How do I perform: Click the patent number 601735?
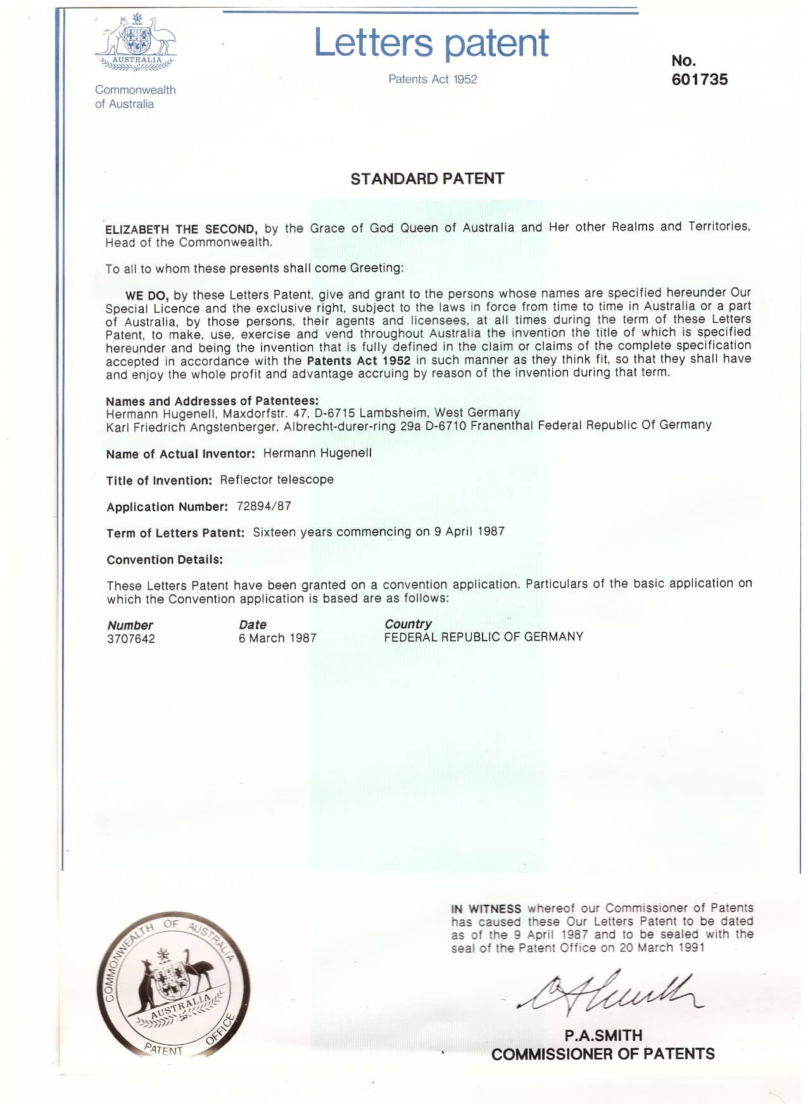(699, 80)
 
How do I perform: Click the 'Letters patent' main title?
(431, 43)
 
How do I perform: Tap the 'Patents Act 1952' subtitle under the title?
(432, 79)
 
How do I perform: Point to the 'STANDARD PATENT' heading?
(427, 179)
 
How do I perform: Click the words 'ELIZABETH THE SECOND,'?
(181, 229)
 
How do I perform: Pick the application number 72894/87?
(263, 506)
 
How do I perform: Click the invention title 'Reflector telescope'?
(277, 480)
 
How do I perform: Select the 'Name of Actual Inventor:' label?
(180, 454)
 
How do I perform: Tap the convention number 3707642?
(131, 639)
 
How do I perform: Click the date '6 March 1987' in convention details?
(277, 638)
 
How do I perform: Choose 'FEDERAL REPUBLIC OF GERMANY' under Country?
(483, 637)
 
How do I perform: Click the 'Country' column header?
(408, 624)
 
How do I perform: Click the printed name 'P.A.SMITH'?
(603, 1036)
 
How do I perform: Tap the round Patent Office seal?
(173, 985)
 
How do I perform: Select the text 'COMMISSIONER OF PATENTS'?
(603, 1054)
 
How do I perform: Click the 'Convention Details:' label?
(165, 560)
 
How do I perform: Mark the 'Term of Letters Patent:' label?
(175, 533)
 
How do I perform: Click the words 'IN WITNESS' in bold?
(486, 908)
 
